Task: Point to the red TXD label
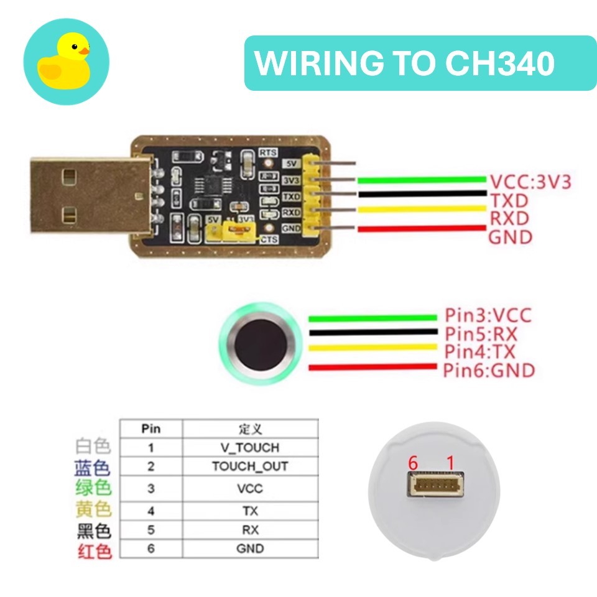pyautogui.click(x=509, y=200)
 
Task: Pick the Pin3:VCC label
pyautogui.click(x=488, y=315)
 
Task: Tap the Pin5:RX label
pyautogui.click(x=481, y=334)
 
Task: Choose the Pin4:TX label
pyautogui.click(x=479, y=352)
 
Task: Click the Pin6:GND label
pyautogui.click(x=489, y=371)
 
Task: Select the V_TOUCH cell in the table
pyautogui.click(x=249, y=448)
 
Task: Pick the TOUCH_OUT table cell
pyautogui.click(x=249, y=466)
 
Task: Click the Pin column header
pyautogui.click(x=151, y=428)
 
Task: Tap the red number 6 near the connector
pyautogui.click(x=412, y=463)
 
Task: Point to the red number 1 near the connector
pyautogui.click(x=451, y=463)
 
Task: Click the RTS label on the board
pyautogui.click(x=268, y=152)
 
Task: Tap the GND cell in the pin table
pyautogui.click(x=249, y=548)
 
